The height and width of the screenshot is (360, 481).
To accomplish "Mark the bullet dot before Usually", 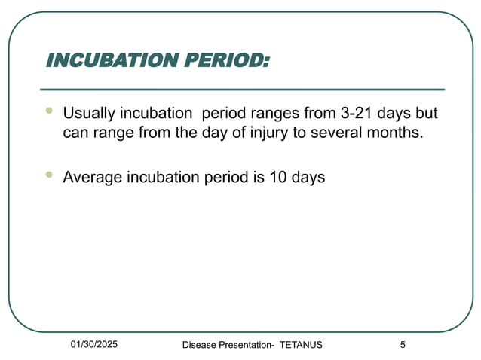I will [x=49, y=111].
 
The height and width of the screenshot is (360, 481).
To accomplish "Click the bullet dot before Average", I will [x=49, y=175].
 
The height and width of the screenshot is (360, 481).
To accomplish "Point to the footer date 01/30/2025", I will [x=94, y=344].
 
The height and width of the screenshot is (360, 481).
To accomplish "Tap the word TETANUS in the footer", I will [x=301, y=345].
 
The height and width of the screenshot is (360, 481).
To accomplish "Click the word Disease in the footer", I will [x=200, y=345].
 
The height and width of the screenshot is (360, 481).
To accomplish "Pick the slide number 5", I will [x=403, y=345].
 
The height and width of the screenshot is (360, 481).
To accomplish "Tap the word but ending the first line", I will [x=427, y=114].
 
